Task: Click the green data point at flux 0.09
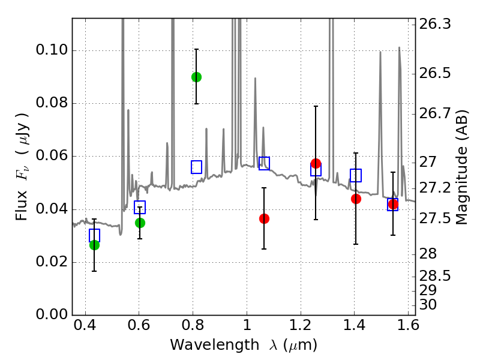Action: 196,77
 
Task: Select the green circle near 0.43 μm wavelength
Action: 94,245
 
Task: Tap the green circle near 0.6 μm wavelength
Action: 140,223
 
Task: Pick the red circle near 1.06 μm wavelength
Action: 264,218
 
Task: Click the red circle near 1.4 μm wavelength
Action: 356,199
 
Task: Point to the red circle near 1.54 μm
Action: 393,204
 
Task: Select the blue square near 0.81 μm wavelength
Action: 196,167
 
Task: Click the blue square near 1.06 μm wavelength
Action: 264,163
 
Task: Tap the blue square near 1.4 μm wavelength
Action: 356,175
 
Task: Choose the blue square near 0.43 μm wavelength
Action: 94,235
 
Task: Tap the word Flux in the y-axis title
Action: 22,191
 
